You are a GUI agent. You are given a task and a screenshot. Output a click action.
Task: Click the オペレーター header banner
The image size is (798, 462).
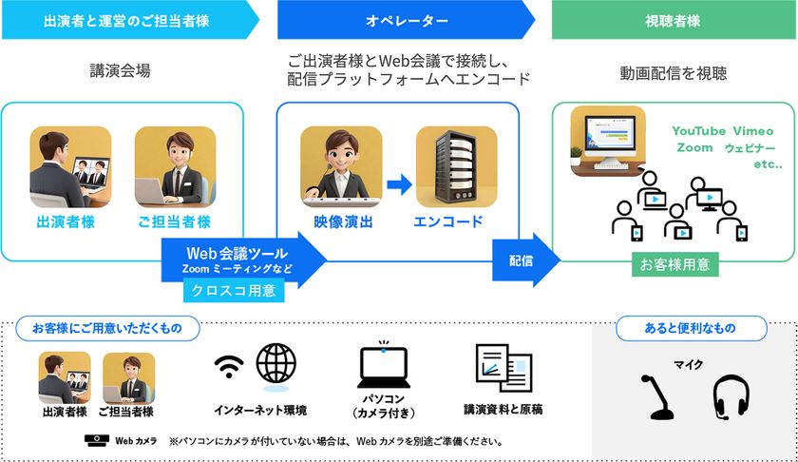(x=407, y=20)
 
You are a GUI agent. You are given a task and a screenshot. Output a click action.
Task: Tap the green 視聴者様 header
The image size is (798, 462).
(x=674, y=20)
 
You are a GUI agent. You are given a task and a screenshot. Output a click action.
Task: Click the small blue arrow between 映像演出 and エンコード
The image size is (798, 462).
(x=400, y=184)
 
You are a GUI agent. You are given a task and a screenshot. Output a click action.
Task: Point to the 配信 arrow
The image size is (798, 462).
(x=525, y=260)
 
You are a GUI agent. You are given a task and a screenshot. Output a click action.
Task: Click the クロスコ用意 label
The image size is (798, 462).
(x=234, y=290)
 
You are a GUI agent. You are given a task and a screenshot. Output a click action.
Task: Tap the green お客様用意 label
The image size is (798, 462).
(x=674, y=264)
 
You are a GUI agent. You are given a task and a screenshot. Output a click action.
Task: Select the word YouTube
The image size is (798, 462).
(x=699, y=131)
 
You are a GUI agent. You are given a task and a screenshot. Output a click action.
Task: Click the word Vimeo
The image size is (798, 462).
(x=753, y=131)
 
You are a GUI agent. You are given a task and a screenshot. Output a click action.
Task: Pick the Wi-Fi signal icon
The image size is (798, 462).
(x=229, y=367)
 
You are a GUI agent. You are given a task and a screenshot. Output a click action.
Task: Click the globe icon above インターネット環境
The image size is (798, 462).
(x=275, y=363)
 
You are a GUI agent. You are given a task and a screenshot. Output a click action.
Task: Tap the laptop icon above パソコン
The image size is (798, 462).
(x=384, y=367)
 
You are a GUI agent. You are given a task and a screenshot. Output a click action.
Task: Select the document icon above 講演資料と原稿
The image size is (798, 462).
(x=503, y=367)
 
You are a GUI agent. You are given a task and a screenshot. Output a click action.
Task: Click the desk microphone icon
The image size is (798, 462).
(x=657, y=397)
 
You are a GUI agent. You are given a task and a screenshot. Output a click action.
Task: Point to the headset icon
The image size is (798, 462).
(x=731, y=397)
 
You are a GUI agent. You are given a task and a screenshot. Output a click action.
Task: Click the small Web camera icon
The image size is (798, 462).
(x=97, y=440)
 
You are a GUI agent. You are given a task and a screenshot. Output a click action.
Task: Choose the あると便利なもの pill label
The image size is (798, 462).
(x=692, y=329)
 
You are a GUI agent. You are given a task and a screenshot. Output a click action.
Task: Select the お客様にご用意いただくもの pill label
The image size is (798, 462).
(x=107, y=329)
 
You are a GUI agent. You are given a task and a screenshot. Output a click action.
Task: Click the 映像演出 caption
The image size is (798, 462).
(x=343, y=222)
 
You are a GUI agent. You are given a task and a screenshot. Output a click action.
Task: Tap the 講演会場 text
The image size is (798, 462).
(x=120, y=70)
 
